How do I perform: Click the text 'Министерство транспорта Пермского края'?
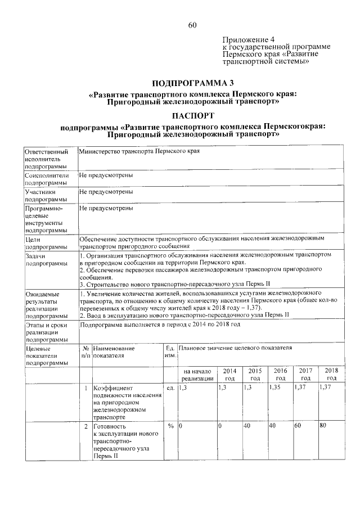coord(139,152)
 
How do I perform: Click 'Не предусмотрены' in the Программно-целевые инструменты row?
coord(106,208)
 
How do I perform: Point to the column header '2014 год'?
coord(229,375)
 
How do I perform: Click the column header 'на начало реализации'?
coord(197,375)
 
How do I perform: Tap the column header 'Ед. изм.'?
coord(170,353)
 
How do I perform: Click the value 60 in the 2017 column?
coord(298,426)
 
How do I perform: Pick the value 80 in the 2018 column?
coord(323,426)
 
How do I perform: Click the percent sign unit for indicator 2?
coord(170,426)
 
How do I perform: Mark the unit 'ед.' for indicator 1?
coord(170,388)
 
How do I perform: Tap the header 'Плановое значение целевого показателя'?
coord(235,349)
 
